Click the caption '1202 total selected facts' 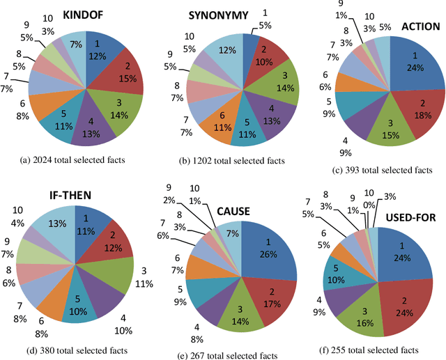click(x=231, y=161)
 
